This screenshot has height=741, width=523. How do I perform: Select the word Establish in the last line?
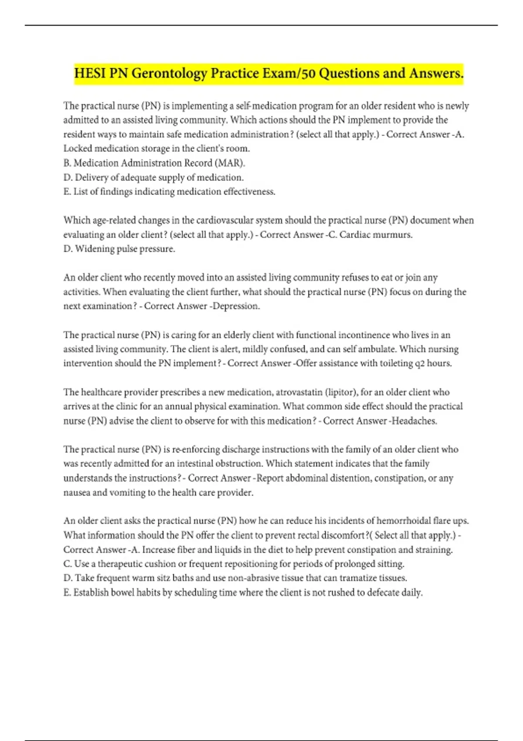pyautogui.click(x=91, y=592)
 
